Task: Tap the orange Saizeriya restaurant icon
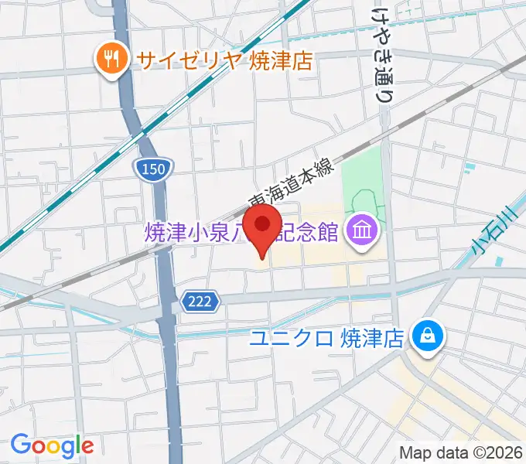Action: (x=110, y=60)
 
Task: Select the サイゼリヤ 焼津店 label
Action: (x=224, y=61)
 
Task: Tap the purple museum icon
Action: (x=360, y=230)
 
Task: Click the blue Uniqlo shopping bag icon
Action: (x=425, y=336)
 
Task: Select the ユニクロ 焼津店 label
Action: (x=328, y=338)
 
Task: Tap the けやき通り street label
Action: (x=381, y=54)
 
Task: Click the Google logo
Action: (x=52, y=445)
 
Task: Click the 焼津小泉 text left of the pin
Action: (x=193, y=231)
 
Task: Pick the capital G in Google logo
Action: (x=20, y=445)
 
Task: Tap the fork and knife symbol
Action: (x=110, y=60)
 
